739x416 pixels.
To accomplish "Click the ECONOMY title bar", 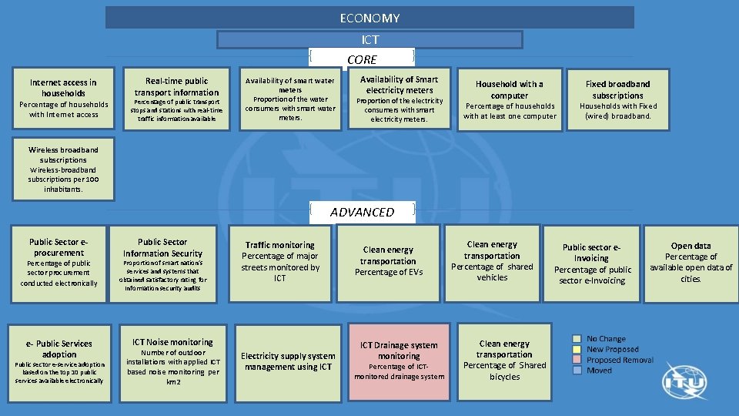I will tap(369, 18).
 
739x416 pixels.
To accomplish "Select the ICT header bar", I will tap(369, 39).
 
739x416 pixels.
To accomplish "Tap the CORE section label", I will tap(362, 59).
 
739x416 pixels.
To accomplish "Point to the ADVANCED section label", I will tap(362, 212).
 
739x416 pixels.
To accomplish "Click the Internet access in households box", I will tap(64, 99).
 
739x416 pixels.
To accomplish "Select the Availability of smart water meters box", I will tap(290, 99).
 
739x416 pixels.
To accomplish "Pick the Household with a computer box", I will tap(509, 100).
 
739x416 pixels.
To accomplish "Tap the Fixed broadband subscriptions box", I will tap(617, 100).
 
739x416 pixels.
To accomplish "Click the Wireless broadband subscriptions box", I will tap(64, 169).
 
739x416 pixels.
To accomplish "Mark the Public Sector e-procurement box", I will tap(59, 263).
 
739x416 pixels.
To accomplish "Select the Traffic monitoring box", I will tap(280, 262).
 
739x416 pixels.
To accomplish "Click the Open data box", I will tap(691, 263).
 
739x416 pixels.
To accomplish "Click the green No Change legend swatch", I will tap(577, 339).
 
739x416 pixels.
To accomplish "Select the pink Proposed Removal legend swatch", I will tap(577, 360).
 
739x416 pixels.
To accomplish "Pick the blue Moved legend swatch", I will tap(577, 371).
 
